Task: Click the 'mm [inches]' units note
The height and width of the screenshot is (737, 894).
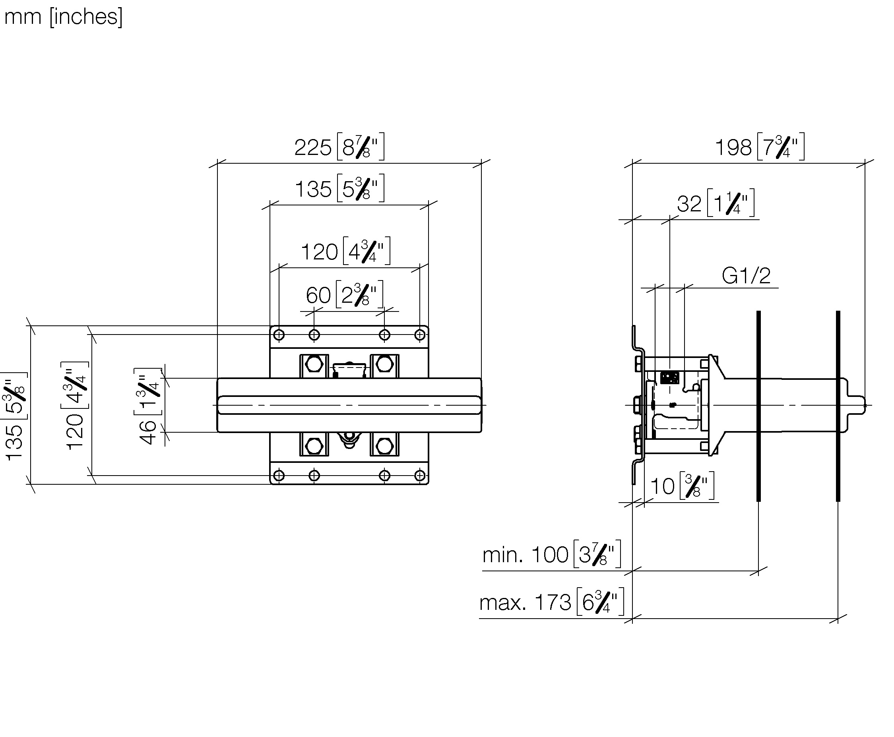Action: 63,17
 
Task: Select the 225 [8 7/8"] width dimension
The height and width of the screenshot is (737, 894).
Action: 339,147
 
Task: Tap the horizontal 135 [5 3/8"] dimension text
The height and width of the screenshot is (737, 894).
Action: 339,188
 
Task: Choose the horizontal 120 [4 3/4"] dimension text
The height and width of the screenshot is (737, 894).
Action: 345,251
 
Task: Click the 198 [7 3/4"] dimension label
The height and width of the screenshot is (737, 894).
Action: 760,147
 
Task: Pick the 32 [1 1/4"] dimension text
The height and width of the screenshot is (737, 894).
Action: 716,203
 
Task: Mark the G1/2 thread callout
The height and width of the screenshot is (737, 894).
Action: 746,276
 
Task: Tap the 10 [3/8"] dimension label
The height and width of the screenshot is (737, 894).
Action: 682,486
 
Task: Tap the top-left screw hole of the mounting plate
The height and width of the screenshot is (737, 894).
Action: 279,335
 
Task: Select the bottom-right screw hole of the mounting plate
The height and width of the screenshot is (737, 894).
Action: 420,475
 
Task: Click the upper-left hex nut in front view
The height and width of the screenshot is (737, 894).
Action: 314,364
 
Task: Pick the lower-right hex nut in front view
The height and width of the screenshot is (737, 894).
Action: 384,446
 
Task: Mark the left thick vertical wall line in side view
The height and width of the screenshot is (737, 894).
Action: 758,406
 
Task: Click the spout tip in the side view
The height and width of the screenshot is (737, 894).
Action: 864,405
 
